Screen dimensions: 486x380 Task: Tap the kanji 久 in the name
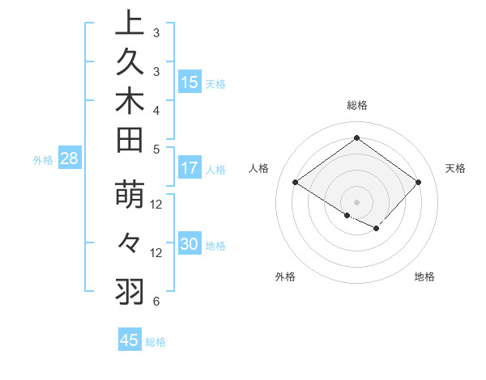click(x=130, y=63)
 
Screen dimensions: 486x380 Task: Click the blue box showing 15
click(x=190, y=82)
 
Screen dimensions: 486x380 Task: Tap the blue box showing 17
click(x=190, y=169)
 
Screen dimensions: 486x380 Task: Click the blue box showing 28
click(x=70, y=159)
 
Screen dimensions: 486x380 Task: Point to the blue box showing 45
click(x=130, y=340)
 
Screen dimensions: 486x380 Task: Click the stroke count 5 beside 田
click(x=156, y=149)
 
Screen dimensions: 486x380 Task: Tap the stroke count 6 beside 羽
click(x=156, y=302)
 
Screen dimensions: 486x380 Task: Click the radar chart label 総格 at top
click(x=356, y=105)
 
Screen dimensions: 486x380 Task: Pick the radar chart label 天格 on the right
click(x=456, y=168)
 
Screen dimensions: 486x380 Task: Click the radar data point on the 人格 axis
click(x=296, y=183)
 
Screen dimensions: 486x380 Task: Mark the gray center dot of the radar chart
click(x=356, y=201)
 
